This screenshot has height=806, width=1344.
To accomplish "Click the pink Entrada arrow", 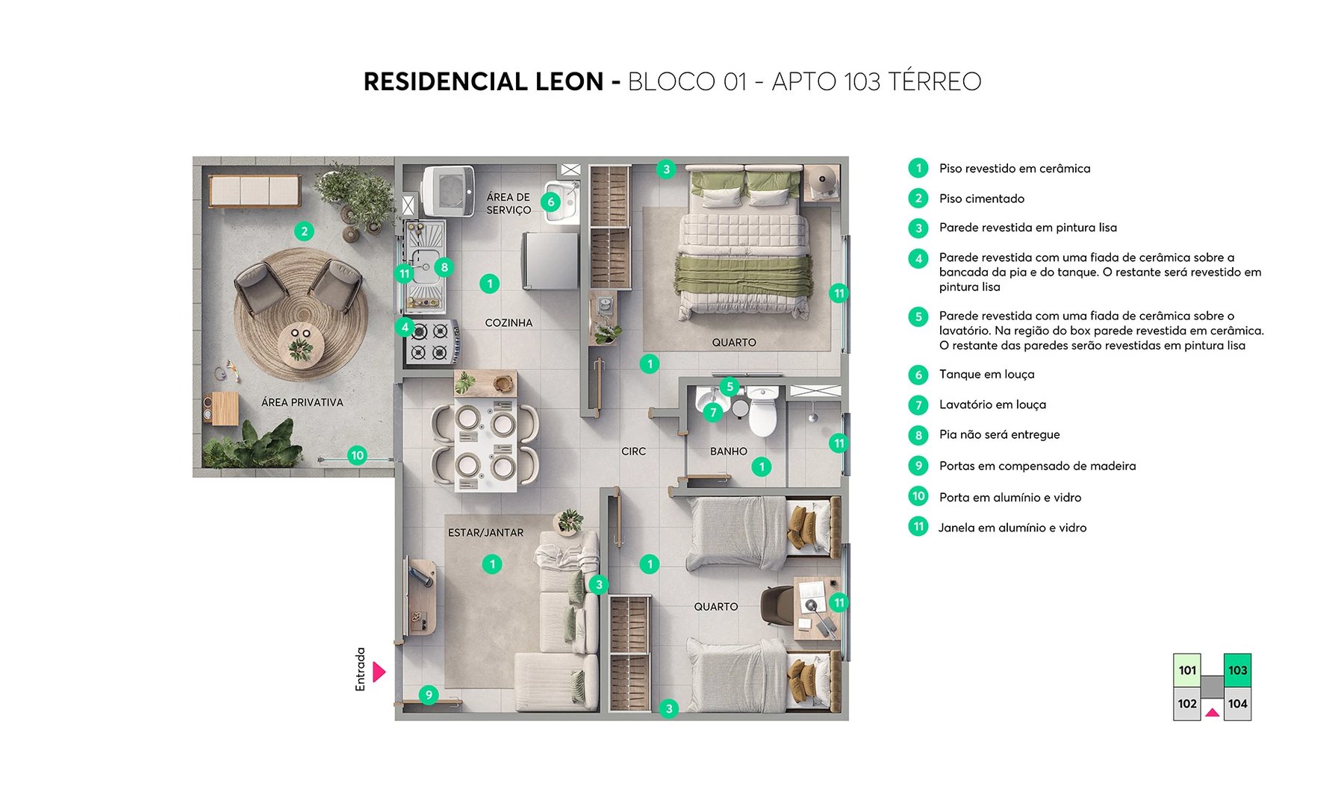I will (x=379, y=672).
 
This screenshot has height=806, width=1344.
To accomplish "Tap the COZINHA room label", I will (x=508, y=323).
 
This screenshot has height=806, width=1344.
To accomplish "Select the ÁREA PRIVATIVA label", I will (x=302, y=402).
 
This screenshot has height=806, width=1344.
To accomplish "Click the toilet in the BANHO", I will (x=763, y=413).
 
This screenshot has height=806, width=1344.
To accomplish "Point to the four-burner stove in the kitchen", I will (x=432, y=342).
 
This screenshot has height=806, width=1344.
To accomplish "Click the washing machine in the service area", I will (x=448, y=191).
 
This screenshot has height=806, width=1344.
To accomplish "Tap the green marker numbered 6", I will (x=550, y=201).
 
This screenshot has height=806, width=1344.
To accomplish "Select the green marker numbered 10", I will (x=357, y=455).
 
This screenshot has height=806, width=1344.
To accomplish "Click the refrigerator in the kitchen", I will (x=551, y=260).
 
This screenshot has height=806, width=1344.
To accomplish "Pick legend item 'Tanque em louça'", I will (x=986, y=375).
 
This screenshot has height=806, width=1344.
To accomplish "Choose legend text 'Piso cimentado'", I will (x=981, y=199).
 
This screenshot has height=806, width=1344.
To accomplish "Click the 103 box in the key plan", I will (x=1237, y=670).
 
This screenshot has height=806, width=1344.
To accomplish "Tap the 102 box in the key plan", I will (x=1187, y=704).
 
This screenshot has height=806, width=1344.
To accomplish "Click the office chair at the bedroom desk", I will (x=777, y=605).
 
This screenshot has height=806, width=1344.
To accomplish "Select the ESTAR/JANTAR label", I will (x=485, y=533).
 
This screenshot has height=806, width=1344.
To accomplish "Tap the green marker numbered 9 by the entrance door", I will (x=429, y=695).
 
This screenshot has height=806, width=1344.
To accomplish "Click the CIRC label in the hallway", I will (x=633, y=452).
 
